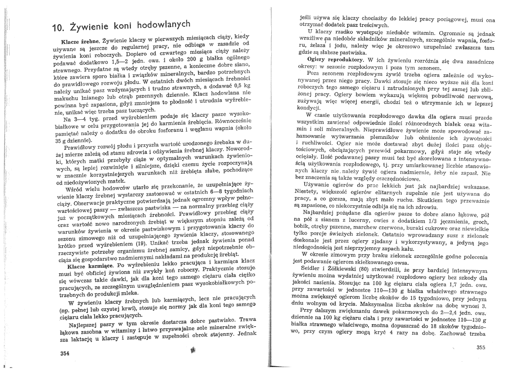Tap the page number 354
click(65, 353)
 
